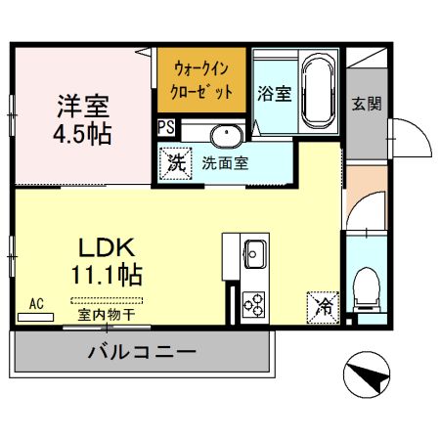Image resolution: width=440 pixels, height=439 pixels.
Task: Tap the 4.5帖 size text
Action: pos(81,132)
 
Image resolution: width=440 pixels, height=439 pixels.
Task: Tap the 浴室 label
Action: pos(275,95)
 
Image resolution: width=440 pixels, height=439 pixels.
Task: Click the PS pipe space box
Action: pos(166,127)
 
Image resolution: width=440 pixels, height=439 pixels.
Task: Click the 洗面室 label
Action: pos(225,163)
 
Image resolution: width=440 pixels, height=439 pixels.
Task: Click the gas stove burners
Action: pos(254,304)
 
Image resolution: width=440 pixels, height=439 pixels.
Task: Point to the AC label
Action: pos(36,304)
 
